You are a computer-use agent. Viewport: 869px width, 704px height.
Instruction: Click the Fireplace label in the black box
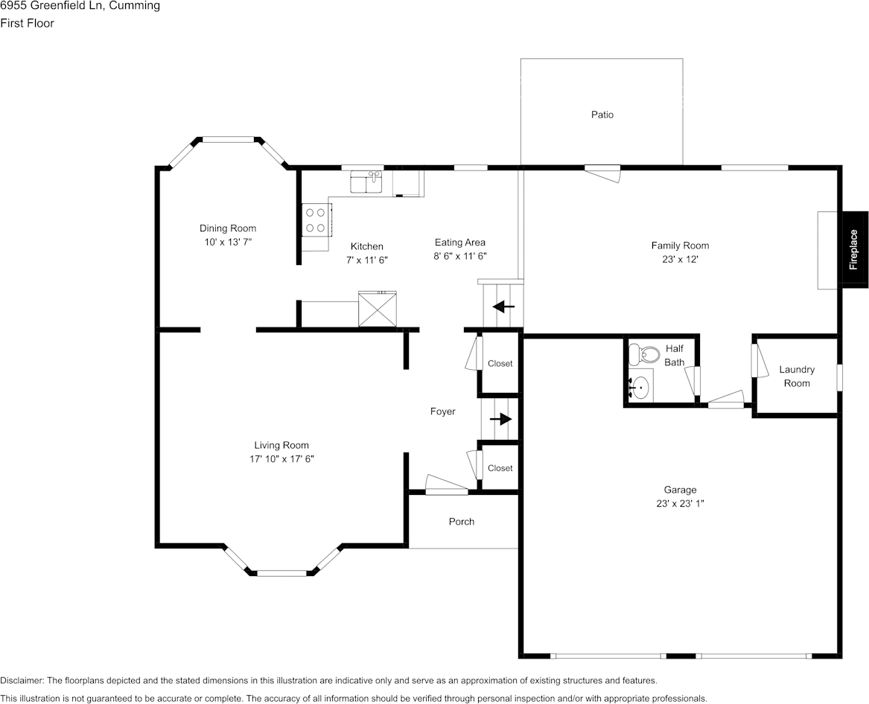click(x=854, y=249)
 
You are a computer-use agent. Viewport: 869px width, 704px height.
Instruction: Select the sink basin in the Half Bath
click(x=640, y=387)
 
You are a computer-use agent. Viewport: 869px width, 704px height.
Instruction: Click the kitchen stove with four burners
click(x=315, y=220)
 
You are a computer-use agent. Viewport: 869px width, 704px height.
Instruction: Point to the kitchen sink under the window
click(x=366, y=182)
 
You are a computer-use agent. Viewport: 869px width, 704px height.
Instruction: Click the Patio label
click(x=602, y=115)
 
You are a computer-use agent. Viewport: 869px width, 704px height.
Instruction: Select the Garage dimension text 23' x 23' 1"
click(x=680, y=503)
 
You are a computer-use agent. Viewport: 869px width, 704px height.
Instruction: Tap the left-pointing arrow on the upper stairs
click(x=503, y=306)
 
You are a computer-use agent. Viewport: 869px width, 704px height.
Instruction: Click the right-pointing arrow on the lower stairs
click(x=501, y=419)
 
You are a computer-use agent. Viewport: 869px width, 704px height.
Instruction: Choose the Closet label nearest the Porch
click(x=500, y=468)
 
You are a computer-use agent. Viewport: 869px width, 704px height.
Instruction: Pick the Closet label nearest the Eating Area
click(x=500, y=364)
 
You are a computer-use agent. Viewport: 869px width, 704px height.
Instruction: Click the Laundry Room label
click(x=797, y=377)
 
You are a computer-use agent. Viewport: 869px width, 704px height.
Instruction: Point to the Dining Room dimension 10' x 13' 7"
click(x=227, y=243)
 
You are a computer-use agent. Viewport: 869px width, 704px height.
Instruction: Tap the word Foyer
click(x=442, y=412)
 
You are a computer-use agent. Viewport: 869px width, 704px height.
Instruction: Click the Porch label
click(x=462, y=522)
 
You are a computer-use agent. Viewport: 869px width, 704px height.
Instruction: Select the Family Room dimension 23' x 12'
click(x=680, y=260)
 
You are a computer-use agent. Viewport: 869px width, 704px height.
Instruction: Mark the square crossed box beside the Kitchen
click(x=378, y=310)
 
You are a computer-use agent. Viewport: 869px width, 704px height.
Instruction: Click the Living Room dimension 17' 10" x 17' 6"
click(x=281, y=459)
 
